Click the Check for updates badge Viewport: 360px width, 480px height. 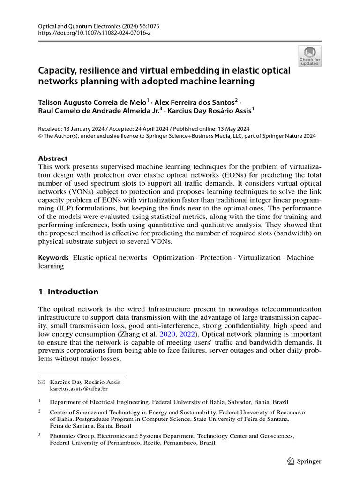coord(310,56)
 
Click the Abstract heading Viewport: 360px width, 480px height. coord(52,158)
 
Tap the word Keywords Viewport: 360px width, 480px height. coord(53,258)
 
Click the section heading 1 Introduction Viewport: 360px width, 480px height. coord(68,292)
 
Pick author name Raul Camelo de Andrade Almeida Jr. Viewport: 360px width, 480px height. coord(97,111)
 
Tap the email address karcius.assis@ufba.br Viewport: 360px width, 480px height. coord(79,389)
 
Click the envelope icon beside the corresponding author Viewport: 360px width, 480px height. coord(41,382)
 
